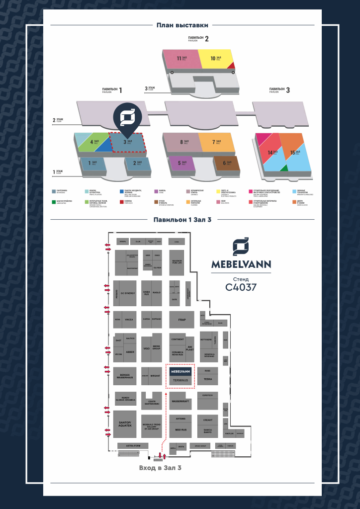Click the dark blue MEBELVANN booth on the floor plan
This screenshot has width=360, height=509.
click(180, 371)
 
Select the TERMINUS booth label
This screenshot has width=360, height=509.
click(180, 381)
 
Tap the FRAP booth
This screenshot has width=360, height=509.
click(181, 319)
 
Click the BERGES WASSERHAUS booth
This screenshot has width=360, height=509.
click(124, 376)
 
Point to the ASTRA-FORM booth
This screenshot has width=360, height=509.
click(133, 445)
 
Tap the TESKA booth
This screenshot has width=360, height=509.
click(207, 379)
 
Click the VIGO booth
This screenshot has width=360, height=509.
click(147, 348)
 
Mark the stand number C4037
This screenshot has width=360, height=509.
click(241, 287)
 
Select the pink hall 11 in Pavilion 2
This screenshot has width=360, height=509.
click(180, 59)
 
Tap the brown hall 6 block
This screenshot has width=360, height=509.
click(227, 163)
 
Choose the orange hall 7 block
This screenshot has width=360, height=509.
click(216, 142)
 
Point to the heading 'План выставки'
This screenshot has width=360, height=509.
click(182, 25)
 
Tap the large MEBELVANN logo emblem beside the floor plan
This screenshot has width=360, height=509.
click(241, 247)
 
